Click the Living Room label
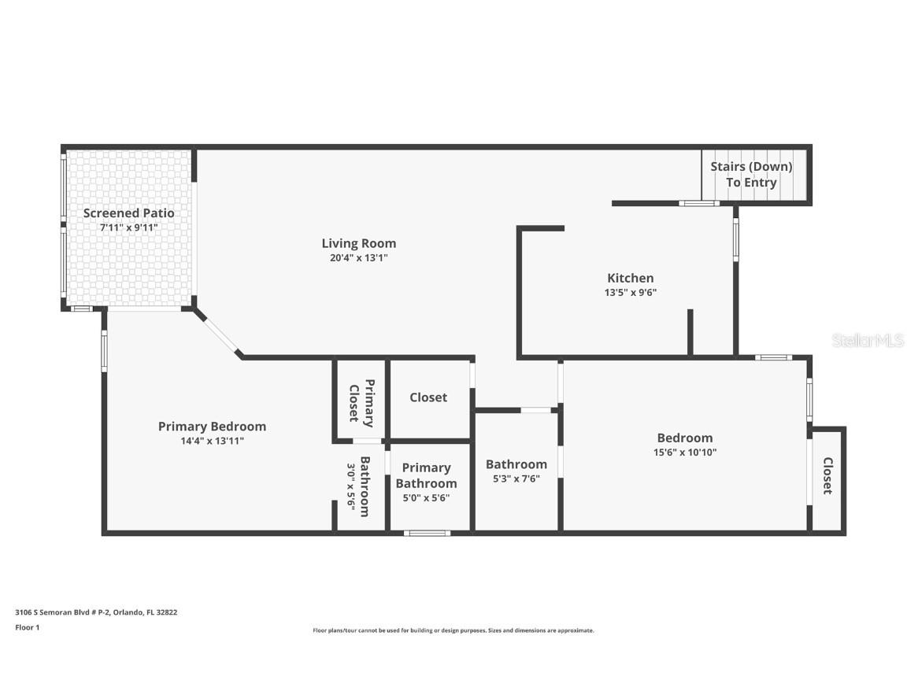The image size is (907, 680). tap(358, 243)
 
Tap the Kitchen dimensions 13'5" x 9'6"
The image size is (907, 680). tap(630, 292)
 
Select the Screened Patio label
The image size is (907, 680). tap(129, 213)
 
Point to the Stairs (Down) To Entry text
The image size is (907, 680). tap(751, 175)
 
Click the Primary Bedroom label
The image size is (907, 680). tap(212, 427)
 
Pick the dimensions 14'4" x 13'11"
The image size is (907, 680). tap(212, 441)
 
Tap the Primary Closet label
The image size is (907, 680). tap(360, 401)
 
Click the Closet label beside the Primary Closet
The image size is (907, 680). tap(428, 397)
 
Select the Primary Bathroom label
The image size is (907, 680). tap(426, 475)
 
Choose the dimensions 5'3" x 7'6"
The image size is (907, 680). tap(516, 479)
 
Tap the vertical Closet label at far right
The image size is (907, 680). tap(827, 475)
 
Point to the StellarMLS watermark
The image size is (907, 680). tap(868, 340)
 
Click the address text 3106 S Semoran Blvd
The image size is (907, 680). tap(96, 612)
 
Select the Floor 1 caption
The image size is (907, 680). tap(27, 627)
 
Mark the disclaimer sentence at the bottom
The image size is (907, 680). tap(453, 630)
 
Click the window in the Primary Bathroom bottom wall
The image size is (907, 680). tap(428, 533)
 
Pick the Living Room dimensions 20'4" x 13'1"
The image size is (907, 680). tap(358, 257)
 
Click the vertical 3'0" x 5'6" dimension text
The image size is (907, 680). tap(350, 486)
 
